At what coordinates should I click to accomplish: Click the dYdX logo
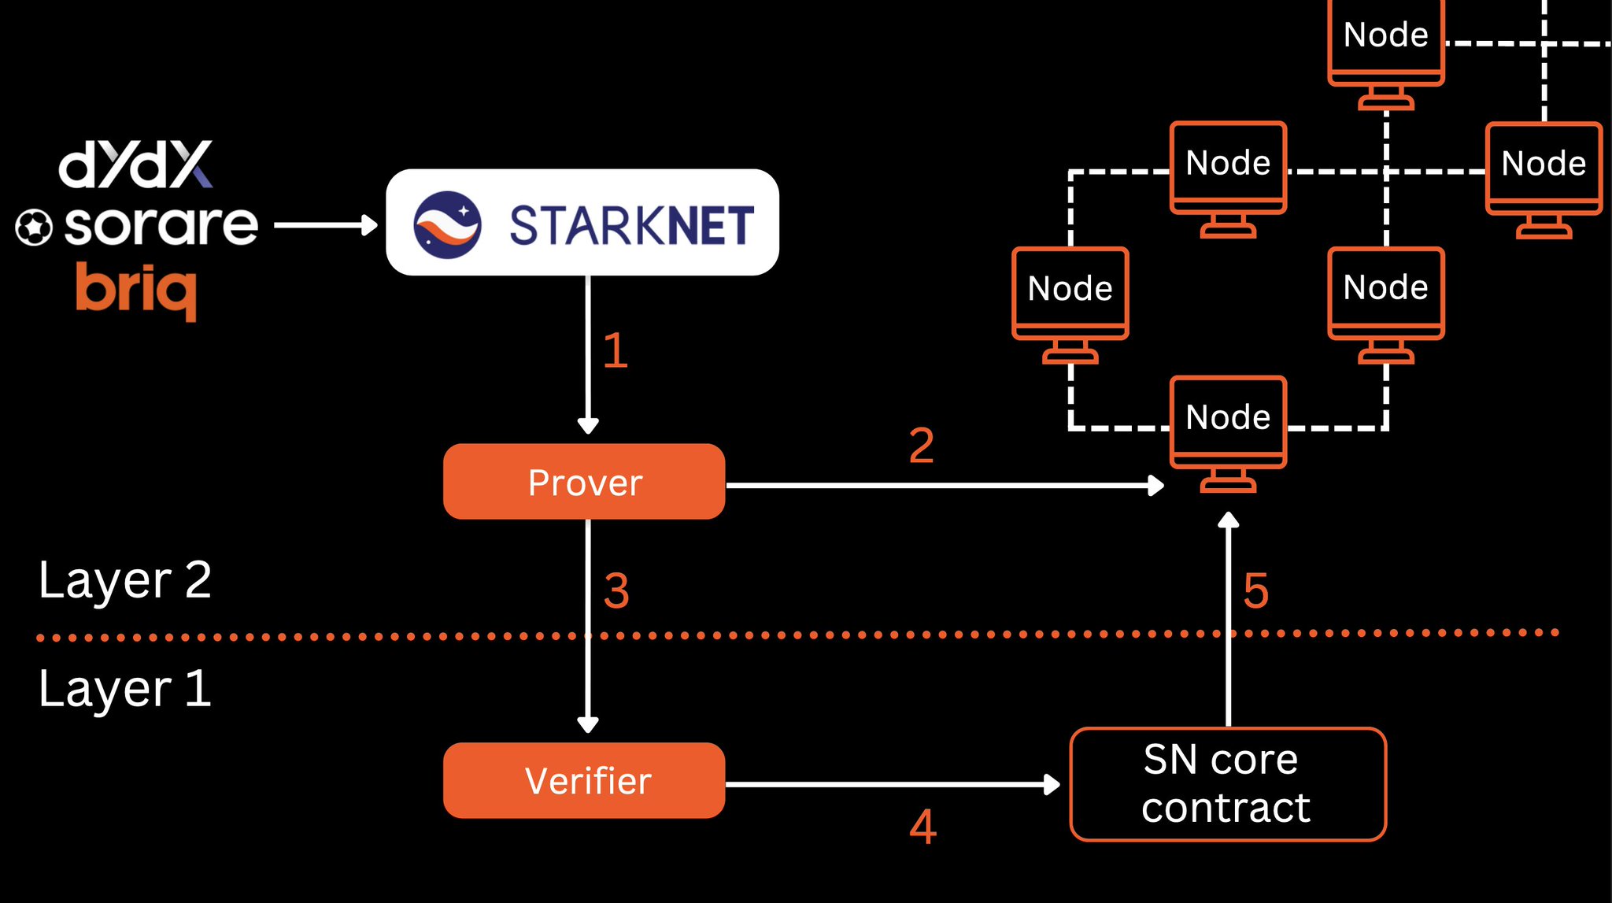(135, 165)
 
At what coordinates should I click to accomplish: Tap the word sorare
(161, 225)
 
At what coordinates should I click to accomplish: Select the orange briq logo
(137, 291)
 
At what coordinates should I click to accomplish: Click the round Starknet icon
(447, 225)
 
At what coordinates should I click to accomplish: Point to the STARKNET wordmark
(631, 226)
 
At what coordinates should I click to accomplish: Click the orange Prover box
(584, 482)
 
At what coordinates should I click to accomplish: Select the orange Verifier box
(584, 781)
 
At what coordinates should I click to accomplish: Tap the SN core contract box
(1227, 784)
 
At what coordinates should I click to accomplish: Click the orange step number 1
(615, 351)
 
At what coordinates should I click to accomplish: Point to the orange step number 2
(921, 446)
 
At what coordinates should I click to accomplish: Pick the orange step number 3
(616, 590)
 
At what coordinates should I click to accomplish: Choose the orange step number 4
(922, 827)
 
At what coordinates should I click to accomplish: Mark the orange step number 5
(1255, 590)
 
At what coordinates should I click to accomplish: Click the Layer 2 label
(125, 580)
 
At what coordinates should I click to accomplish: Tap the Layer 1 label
(125, 689)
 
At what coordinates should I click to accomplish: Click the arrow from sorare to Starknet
(324, 226)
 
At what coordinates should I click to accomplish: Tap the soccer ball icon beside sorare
(34, 228)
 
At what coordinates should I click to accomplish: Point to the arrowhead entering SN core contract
(1052, 784)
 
